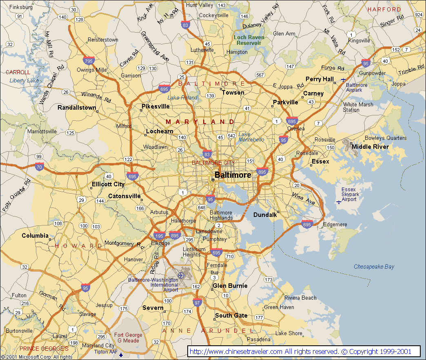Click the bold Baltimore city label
click(x=233, y=175)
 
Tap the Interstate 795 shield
click(x=89, y=61)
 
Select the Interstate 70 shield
click(x=40, y=166)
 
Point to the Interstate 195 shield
click(x=160, y=236)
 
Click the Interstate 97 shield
click(x=197, y=302)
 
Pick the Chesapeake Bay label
click(x=374, y=267)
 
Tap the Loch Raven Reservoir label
click(x=249, y=40)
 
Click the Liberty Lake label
click(x=24, y=81)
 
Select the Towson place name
click(x=233, y=93)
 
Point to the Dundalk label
click(x=265, y=215)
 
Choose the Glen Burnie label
click(x=230, y=286)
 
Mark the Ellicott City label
click(x=108, y=184)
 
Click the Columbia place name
click(x=35, y=236)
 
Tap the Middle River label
click(x=370, y=147)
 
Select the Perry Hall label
click(x=319, y=79)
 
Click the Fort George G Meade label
click(x=128, y=338)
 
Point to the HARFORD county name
click(x=384, y=9)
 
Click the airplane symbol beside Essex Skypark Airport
click(x=338, y=202)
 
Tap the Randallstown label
click(x=77, y=108)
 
